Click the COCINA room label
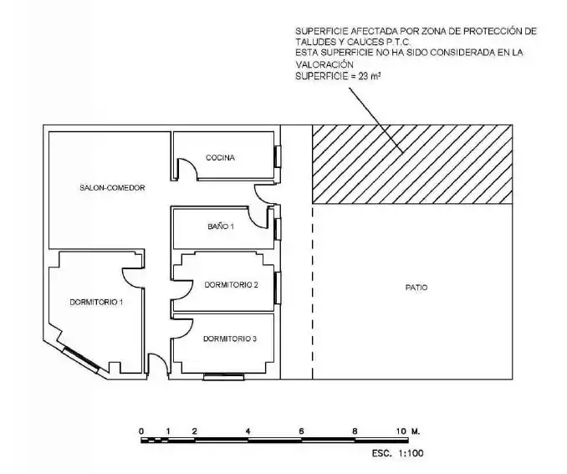(x=220, y=158)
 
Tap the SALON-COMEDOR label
(x=112, y=187)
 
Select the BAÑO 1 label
(x=221, y=227)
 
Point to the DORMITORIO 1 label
(x=96, y=302)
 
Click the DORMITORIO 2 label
(x=231, y=285)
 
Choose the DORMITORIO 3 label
(x=230, y=339)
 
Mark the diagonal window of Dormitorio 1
(x=80, y=359)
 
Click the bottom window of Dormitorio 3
(x=223, y=377)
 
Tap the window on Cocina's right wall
(x=278, y=156)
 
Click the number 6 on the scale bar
(x=301, y=431)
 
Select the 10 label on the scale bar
(x=401, y=431)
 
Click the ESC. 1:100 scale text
(x=397, y=453)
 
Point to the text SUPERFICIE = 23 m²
(x=338, y=76)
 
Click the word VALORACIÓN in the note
(x=324, y=64)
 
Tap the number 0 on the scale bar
(x=141, y=431)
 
